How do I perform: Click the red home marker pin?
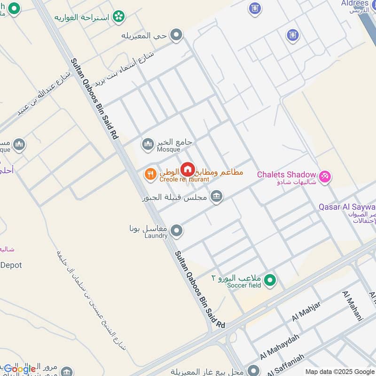point(188,169)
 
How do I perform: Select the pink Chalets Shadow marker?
point(324,177)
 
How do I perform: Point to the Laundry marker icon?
point(177,231)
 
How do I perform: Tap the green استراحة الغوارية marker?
point(119,17)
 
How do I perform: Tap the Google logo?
point(20,369)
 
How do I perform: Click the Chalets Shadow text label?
point(286,175)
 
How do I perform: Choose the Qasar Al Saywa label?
point(347,207)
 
